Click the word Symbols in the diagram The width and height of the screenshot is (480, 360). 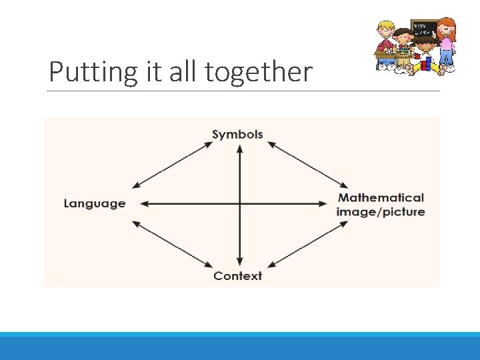pos(237,134)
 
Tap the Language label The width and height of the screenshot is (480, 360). pos(94,203)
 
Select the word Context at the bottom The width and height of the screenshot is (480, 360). pos(237,275)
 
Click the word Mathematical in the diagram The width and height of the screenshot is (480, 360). pos(381,197)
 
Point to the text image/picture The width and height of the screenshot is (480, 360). pos(381,212)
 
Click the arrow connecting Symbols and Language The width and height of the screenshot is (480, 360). pos(172,164)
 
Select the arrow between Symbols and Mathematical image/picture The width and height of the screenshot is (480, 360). pos(307,164)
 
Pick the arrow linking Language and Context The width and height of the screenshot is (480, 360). pos(172,242)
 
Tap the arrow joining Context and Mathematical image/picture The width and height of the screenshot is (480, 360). pos(307,242)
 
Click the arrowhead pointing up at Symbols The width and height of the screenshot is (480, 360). pos(239,148)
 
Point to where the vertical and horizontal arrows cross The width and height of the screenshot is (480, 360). pos(239,203)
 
